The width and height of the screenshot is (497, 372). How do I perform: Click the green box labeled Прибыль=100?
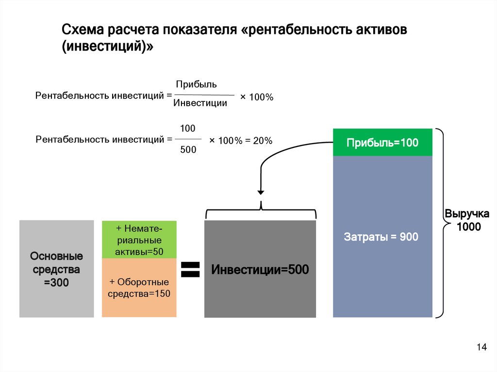(382, 143)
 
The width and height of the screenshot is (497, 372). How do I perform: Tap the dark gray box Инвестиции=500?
(260, 270)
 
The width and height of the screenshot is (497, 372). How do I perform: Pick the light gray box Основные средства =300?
(56, 269)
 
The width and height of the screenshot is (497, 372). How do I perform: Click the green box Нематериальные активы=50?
(139, 240)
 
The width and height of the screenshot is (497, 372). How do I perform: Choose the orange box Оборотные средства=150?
(139, 288)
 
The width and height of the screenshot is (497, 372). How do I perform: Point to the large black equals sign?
(190, 270)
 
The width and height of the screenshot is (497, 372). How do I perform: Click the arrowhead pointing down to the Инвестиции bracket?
(261, 192)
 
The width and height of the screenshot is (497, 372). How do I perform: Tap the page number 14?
(481, 347)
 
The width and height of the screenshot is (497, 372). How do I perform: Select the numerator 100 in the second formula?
(188, 129)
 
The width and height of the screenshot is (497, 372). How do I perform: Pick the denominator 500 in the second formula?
(188, 150)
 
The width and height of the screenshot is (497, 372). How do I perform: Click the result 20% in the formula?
(263, 141)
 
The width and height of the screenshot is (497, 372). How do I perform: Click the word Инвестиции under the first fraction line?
(200, 103)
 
